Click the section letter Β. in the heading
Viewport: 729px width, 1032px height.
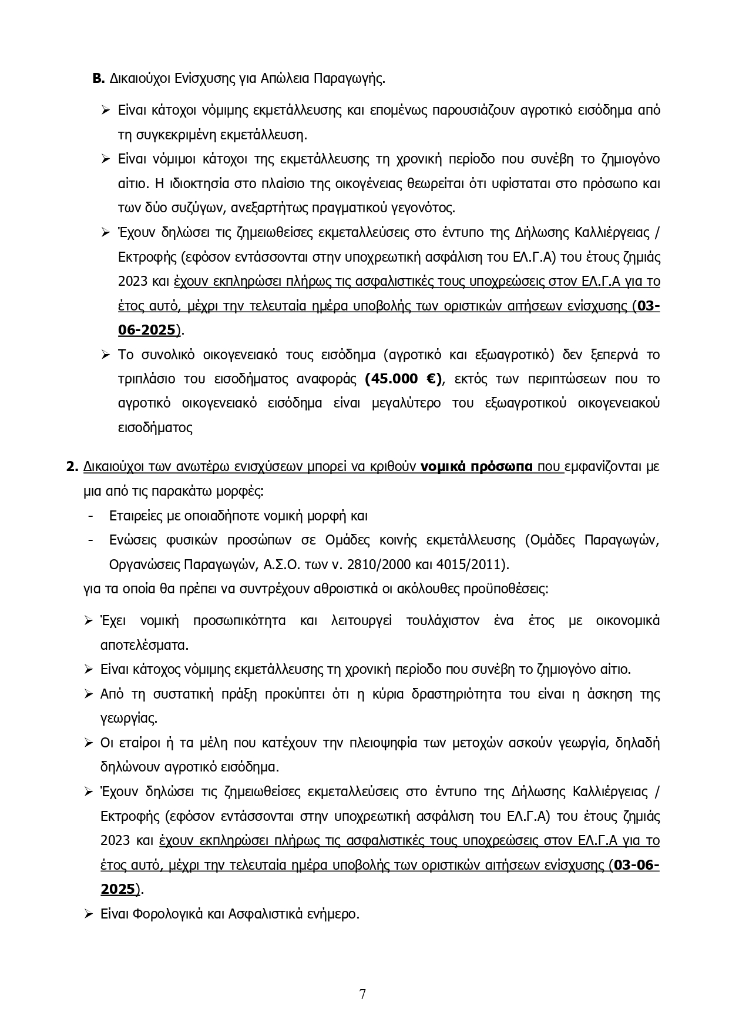tap(99, 79)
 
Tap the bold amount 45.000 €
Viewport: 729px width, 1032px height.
tap(402, 379)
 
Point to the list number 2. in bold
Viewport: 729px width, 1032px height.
tap(72, 467)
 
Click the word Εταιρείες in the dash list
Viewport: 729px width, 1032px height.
tap(135, 516)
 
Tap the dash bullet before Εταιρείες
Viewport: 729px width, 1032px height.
tap(90, 516)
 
